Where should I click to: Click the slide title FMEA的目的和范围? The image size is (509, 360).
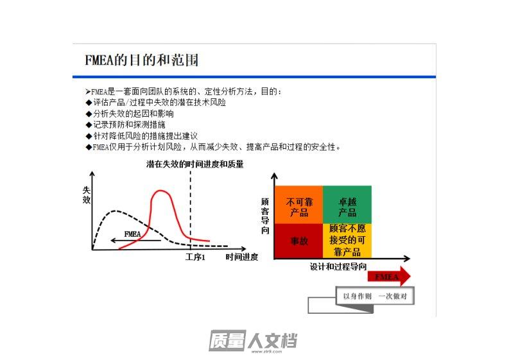tap(142, 60)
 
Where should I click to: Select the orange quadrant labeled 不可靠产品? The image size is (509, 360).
tap(299, 205)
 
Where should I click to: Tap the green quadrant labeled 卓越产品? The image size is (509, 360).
tap(347, 205)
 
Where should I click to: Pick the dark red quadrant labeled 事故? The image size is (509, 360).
tap(299, 241)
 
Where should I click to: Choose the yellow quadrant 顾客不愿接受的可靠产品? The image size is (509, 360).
tap(347, 241)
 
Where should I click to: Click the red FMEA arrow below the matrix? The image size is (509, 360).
tap(389, 277)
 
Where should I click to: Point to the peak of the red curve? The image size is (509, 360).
tap(160, 191)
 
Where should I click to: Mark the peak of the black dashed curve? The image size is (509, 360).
tap(114, 211)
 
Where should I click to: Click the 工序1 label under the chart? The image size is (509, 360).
tap(195, 257)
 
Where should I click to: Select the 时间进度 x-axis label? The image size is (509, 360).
tap(242, 257)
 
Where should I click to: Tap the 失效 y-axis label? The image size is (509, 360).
tap(87, 195)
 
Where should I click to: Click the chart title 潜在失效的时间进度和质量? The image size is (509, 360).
tap(194, 164)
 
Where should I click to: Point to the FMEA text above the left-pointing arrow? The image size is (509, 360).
tap(132, 234)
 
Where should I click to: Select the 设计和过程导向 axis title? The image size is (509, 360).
tap(338, 267)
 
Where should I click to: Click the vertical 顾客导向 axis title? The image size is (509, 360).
tap(265, 216)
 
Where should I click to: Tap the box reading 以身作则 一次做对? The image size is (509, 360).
tap(375, 296)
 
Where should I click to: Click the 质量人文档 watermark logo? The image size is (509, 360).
tap(252, 341)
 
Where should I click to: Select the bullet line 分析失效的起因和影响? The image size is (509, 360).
tap(130, 114)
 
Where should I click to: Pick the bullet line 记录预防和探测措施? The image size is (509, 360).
tap(126, 124)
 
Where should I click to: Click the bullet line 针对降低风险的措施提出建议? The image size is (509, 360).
tap(142, 136)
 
